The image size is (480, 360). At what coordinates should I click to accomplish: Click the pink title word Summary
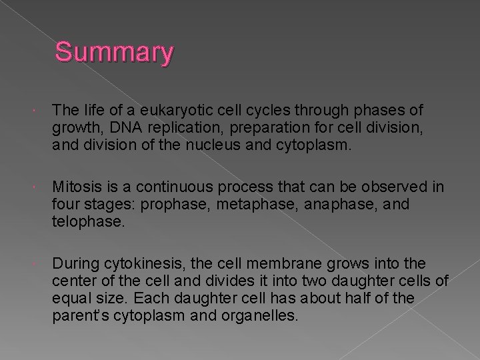tap(114, 53)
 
